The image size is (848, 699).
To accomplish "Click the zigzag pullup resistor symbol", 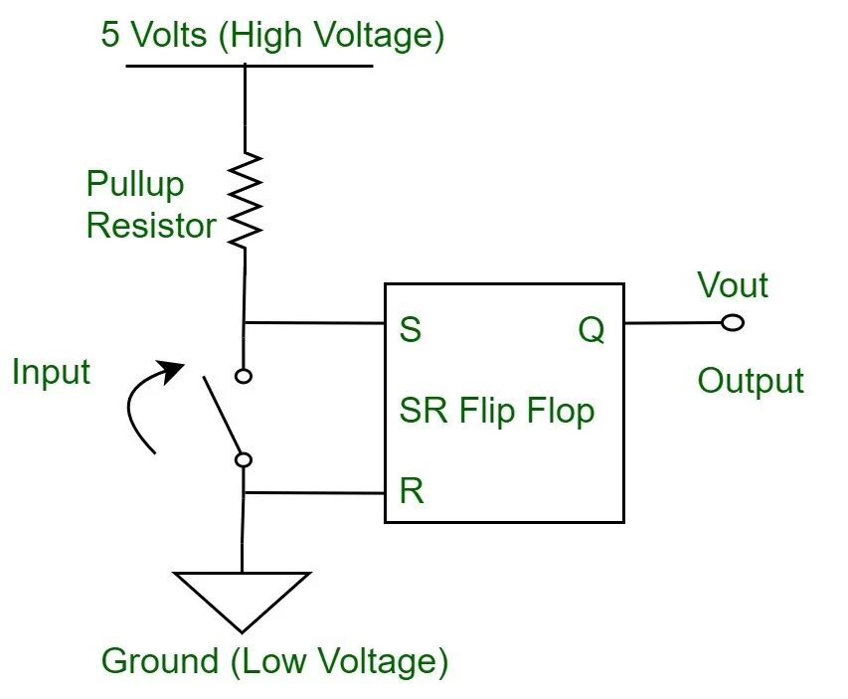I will click(x=244, y=199).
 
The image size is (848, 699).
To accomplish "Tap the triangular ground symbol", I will click(x=242, y=596).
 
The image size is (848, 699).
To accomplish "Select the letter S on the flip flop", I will click(x=410, y=330).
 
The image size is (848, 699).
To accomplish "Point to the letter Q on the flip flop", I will click(x=591, y=330).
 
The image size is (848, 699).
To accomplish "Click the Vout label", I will click(x=733, y=285).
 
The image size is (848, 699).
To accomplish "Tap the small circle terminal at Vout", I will click(x=733, y=323).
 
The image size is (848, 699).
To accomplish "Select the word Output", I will click(x=751, y=381).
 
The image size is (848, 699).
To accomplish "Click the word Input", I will click(x=51, y=372).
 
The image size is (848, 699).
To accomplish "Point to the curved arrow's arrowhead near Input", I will click(x=174, y=370).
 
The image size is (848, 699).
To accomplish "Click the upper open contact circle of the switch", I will click(x=243, y=376).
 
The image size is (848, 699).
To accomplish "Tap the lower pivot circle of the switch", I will click(x=243, y=459).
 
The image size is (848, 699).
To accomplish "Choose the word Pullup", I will click(x=135, y=184).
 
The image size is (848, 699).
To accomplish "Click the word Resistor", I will click(x=151, y=225).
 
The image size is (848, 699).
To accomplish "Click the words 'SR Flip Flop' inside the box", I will click(x=497, y=410).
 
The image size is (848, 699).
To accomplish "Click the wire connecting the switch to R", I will click(x=313, y=492).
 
